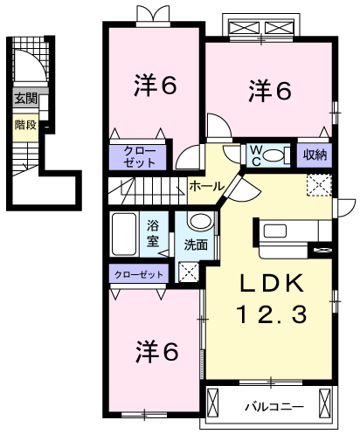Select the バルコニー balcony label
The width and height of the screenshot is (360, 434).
(x=271, y=404)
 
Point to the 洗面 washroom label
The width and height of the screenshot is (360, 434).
(x=197, y=245)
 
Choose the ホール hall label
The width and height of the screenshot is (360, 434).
(x=205, y=186)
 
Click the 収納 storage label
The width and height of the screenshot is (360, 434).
(x=315, y=155)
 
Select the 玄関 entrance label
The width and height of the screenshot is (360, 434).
(x=25, y=99)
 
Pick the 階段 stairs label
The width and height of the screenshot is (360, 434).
(x=25, y=125)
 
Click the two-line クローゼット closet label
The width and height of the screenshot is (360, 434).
(x=136, y=157)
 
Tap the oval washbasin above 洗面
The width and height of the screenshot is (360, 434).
(x=199, y=222)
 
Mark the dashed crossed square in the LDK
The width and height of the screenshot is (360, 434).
(x=320, y=184)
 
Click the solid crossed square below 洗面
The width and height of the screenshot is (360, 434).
(x=190, y=271)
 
